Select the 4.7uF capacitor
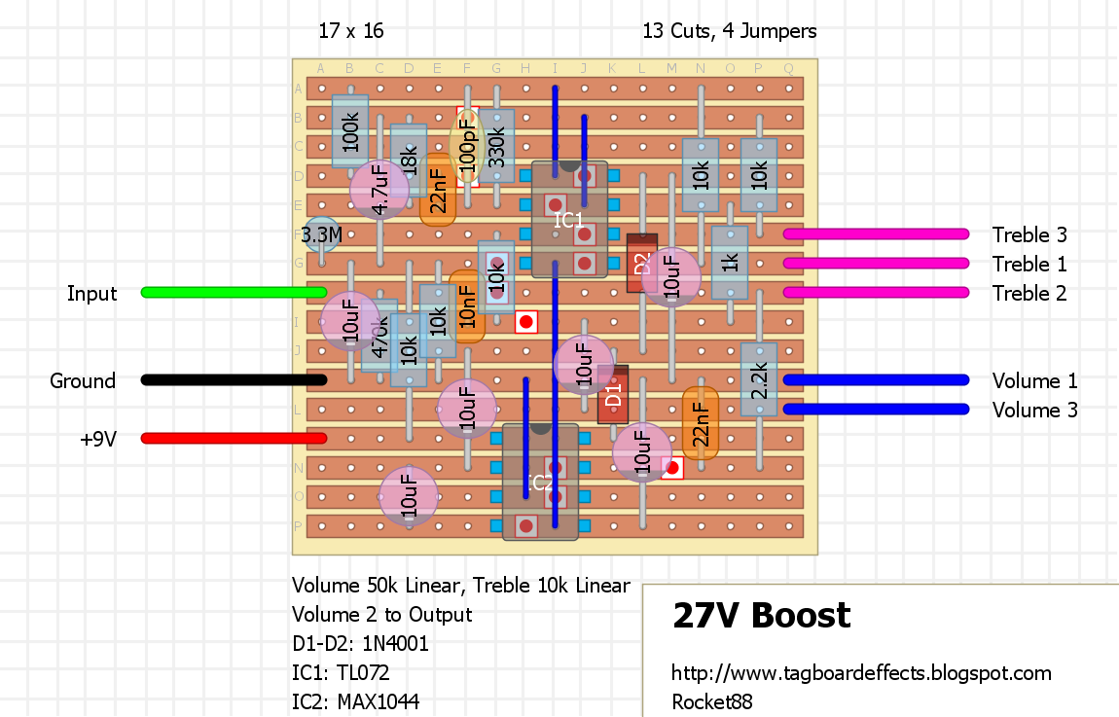pos(379,190)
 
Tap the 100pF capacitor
pos(468,146)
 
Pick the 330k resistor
pos(496,146)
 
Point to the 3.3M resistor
pos(321,234)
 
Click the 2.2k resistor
pos(759,379)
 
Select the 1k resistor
pos(730,263)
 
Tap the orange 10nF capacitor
pos(467,306)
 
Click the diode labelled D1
pos(613,394)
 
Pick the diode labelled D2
pos(640,263)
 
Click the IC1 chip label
pos(569,221)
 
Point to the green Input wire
pos(234,292)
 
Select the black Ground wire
pos(234,379)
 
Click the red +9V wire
pos(234,438)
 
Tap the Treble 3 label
pos(1029,234)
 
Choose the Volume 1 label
pos(1034,380)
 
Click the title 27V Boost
pos(761,616)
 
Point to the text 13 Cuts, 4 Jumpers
pos(729,31)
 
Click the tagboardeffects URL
pos(861,672)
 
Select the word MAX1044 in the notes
pos(380,700)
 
